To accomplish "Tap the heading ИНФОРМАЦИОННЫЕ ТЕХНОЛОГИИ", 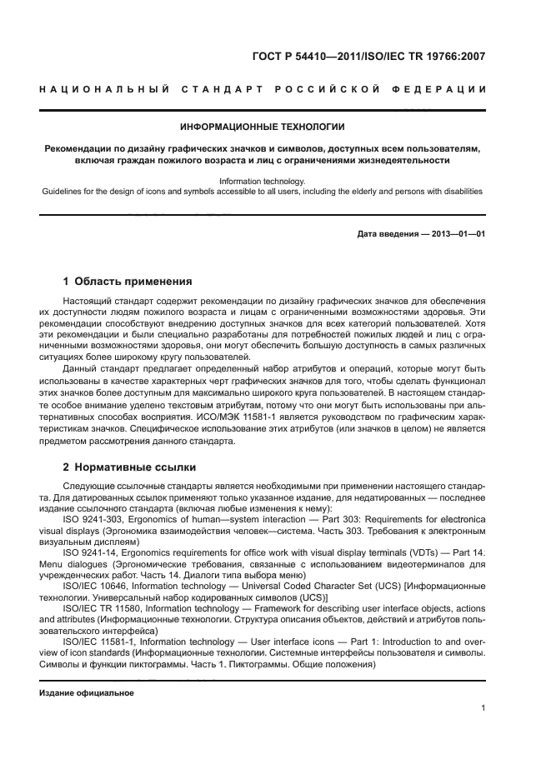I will pyautogui.click(x=263, y=127).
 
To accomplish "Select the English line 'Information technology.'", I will pyautogui.click(x=263, y=181).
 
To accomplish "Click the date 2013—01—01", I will pyautogui.click(x=457, y=234).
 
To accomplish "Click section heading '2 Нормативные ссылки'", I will pyautogui.click(x=126, y=466).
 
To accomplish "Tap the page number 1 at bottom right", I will pyautogui.click(x=483, y=708).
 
